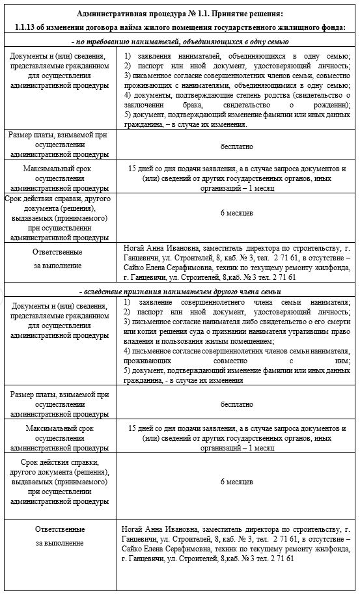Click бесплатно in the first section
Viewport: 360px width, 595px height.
point(237,146)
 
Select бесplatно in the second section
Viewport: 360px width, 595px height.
point(237,404)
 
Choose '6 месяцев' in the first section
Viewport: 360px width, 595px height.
point(237,213)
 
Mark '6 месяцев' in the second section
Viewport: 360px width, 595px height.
point(237,482)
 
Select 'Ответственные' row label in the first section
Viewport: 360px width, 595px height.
point(59,252)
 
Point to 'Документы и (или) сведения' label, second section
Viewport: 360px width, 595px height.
point(59,305)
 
